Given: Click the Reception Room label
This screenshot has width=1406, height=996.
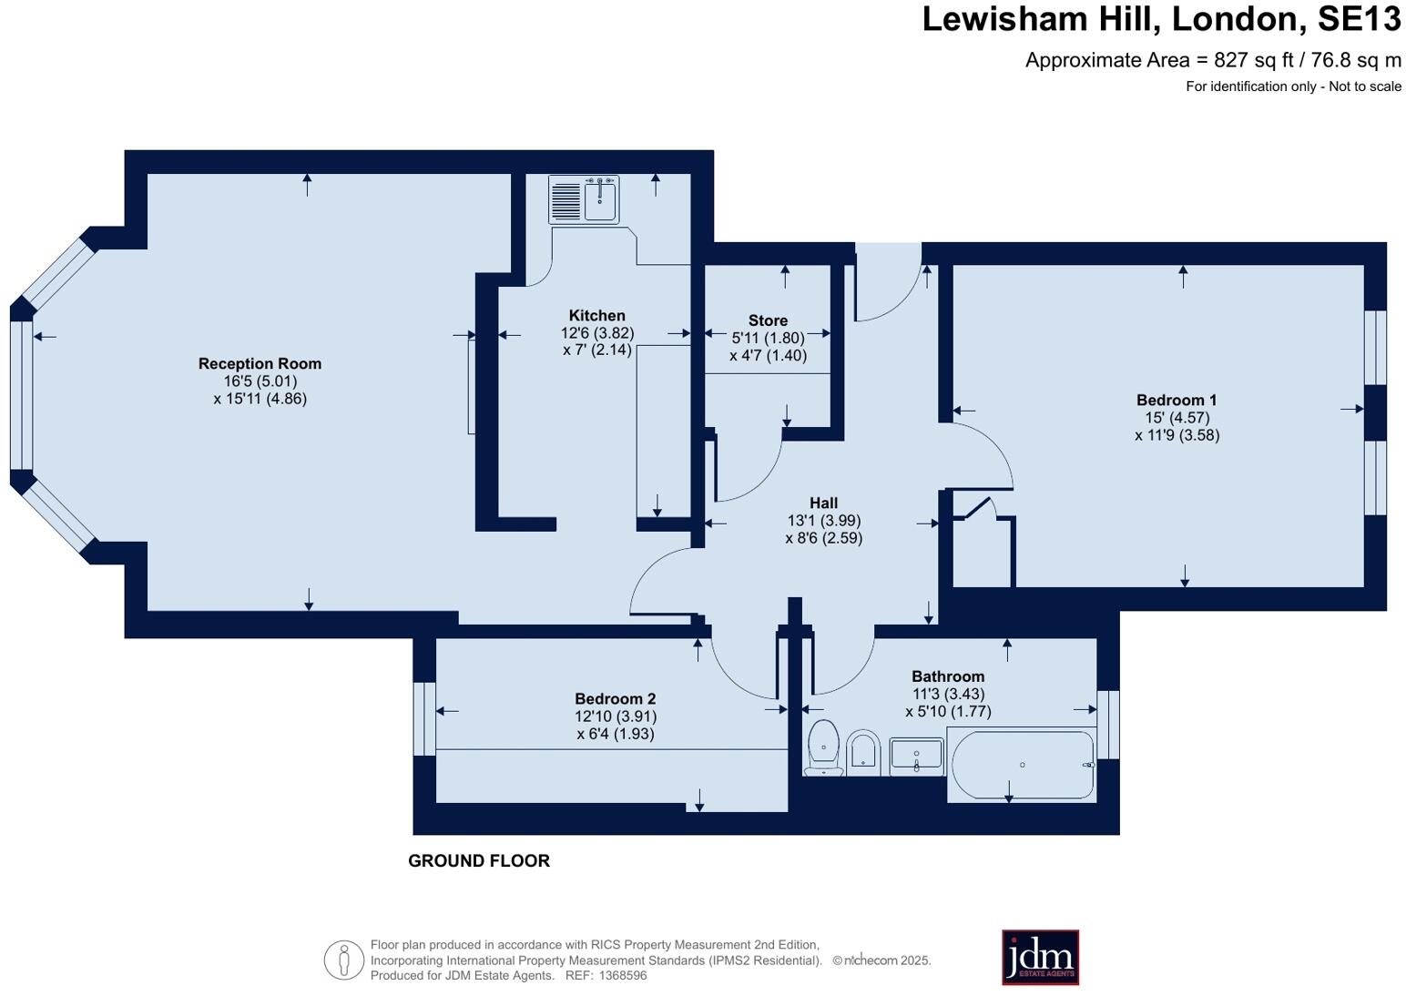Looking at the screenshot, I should (x=260, y=363).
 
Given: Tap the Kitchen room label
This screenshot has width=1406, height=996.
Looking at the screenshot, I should (x=597, y=316).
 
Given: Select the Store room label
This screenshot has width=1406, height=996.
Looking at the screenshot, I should (x=768, y=320).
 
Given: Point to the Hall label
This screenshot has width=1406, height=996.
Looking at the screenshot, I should (x=823, y=503).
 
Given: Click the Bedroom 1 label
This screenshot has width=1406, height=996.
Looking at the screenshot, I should (x=1177, y=400).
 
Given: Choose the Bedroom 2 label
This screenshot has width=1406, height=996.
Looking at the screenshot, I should (x=615, y=698).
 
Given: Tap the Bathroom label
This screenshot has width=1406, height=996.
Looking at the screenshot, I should (x=948, y=676).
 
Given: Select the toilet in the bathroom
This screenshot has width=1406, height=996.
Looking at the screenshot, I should (x=823, y=748).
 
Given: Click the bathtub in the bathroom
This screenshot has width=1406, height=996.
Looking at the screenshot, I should (x=1022, y=765).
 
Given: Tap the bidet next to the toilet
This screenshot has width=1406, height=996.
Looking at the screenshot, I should (x=861, y=752).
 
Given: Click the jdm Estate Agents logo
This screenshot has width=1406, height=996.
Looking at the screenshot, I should (x=1040, y=957).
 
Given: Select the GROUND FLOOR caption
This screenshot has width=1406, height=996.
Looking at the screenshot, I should (x=479, y=860).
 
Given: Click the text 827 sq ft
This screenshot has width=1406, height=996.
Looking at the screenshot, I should (x=1253, y=60).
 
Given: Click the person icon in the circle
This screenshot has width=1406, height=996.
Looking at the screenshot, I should (x=344, y=960).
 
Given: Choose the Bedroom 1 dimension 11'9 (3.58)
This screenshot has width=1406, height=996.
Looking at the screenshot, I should (x=1177, y=435).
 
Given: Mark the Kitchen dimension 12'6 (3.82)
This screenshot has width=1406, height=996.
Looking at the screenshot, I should (x=597, y=333).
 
